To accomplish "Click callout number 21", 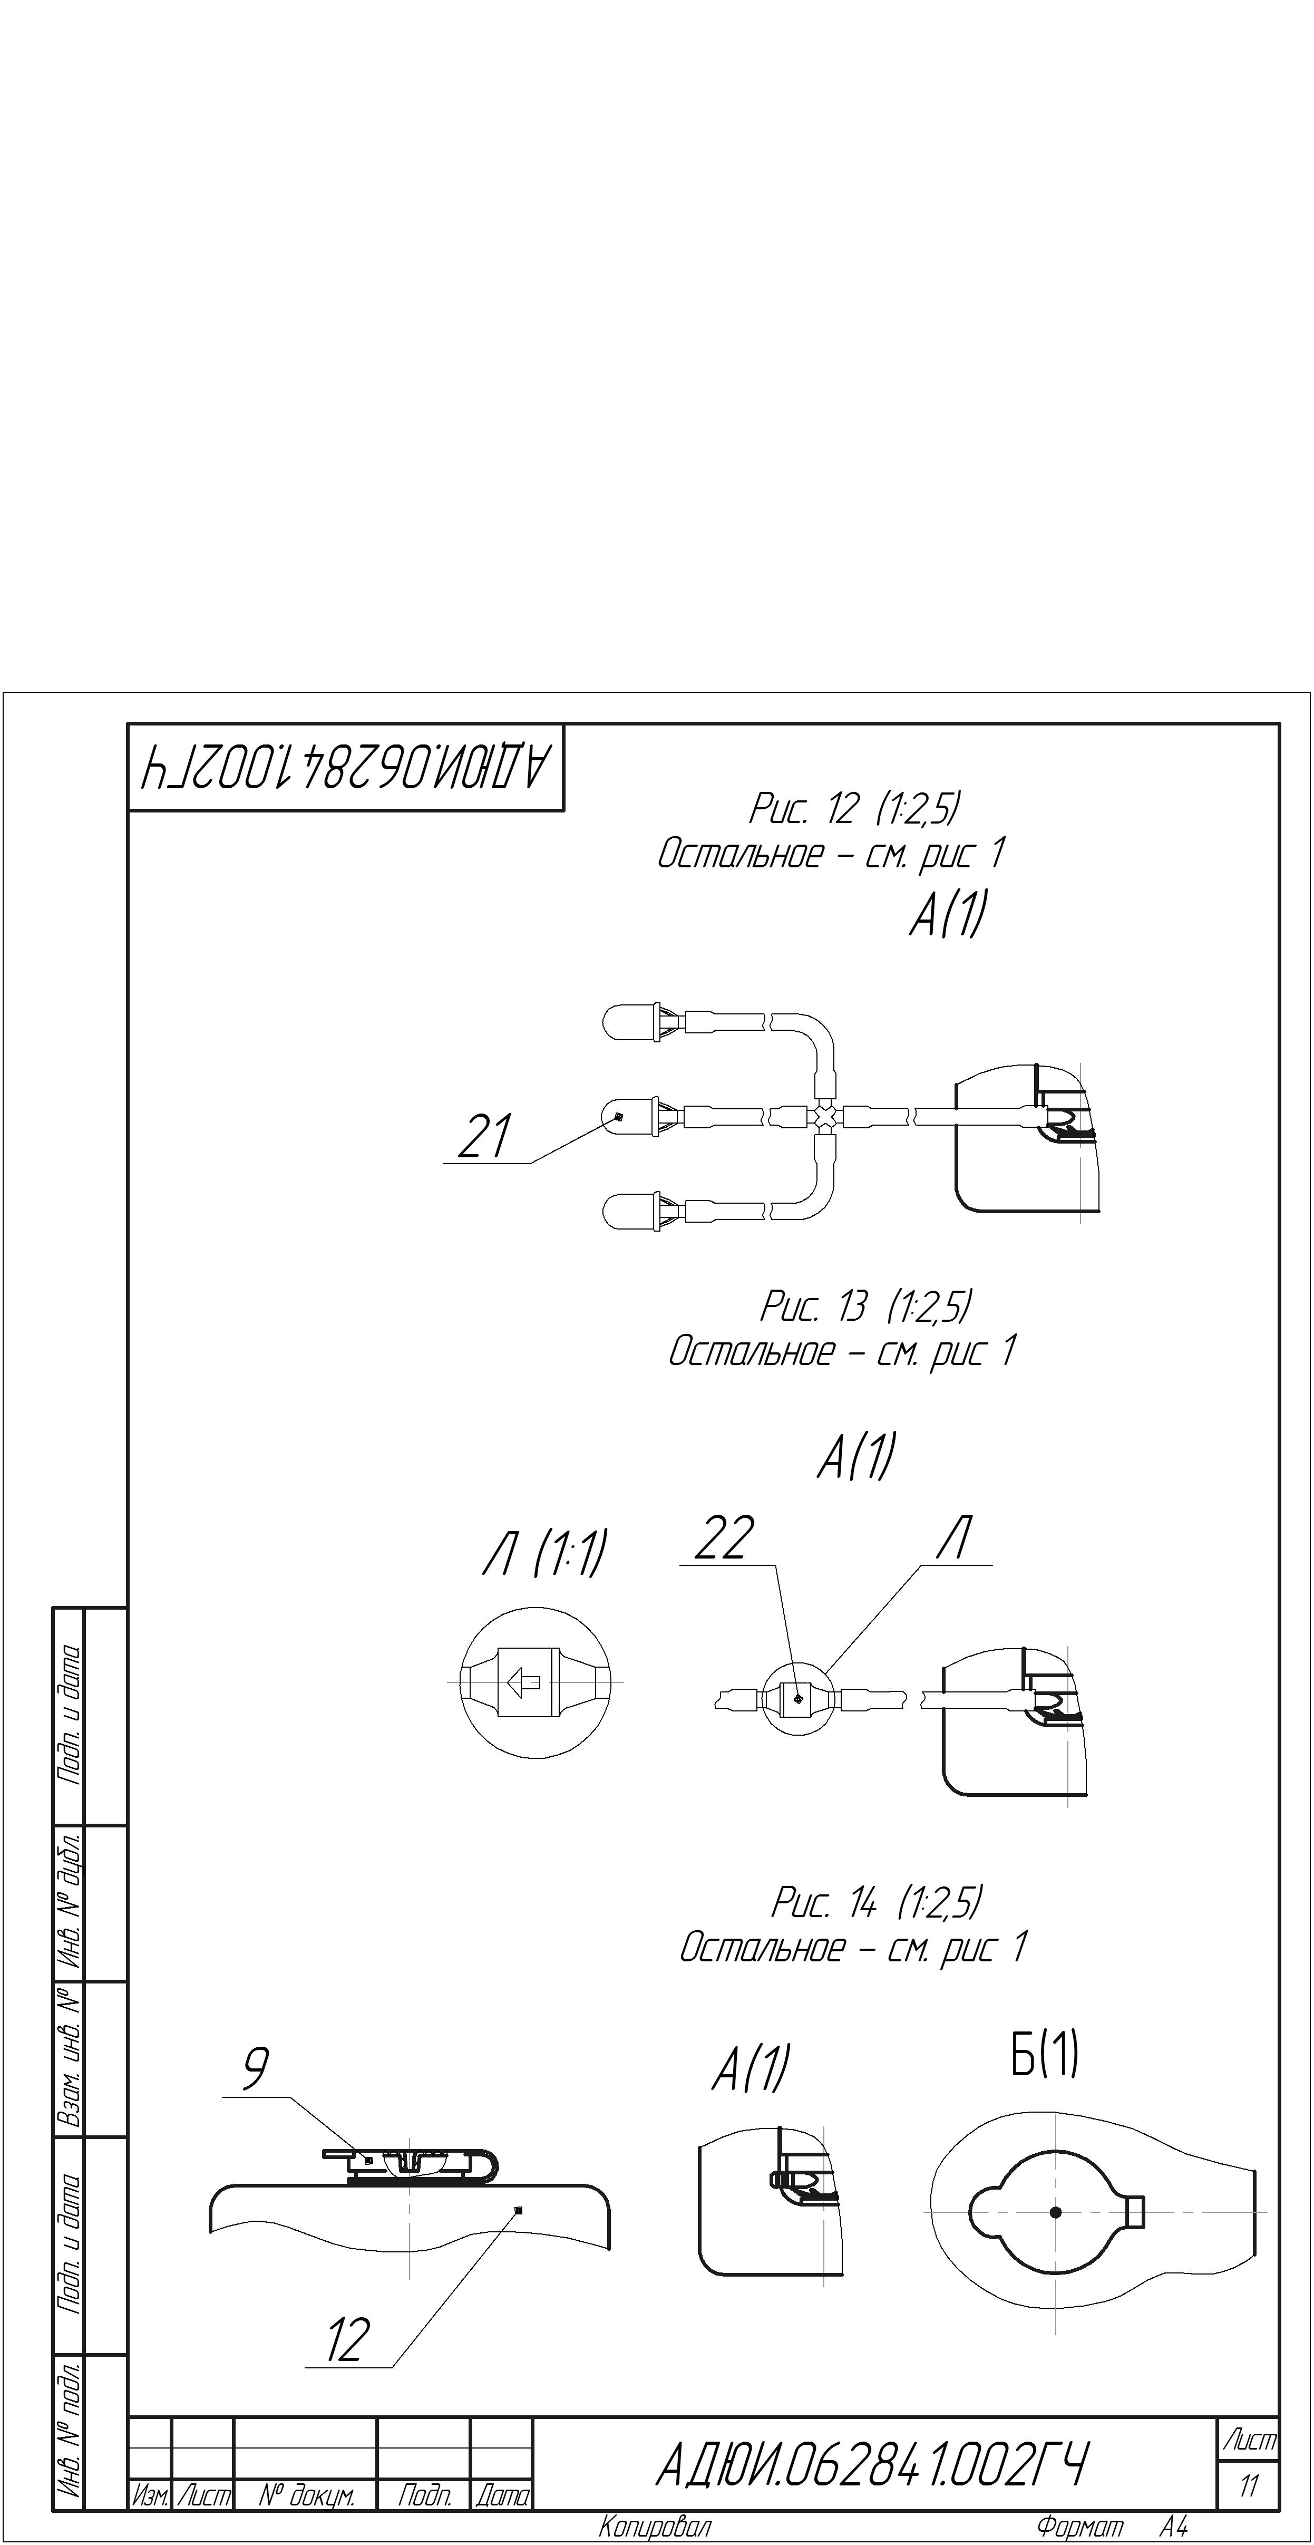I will (484, 1136).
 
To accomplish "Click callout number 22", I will (724, 1538).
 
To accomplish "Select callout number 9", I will (256, 2068).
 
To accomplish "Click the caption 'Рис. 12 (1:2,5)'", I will (854, 809).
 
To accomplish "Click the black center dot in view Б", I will (1055, 2212).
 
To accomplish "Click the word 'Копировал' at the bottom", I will (654, 2527).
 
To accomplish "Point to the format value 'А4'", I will (1174, 2527).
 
